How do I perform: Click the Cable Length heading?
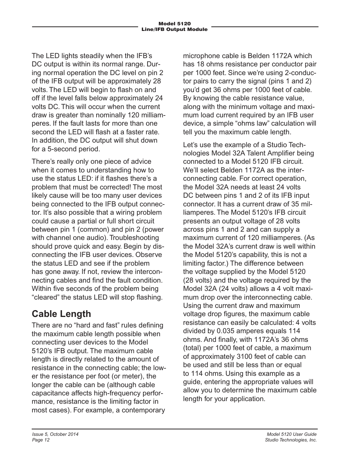pyautogui.click(x=61, y=314)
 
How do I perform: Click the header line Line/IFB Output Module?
pyautogui.click(x=174, y=29)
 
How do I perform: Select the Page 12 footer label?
pyautogui.click(x=41, y=440)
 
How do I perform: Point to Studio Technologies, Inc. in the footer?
pyautogui.click(x=291, y=440)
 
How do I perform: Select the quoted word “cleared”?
pyautogui.click(x=45, y=297)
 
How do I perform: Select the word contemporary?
pyautogui.click(x=142, y=410)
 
